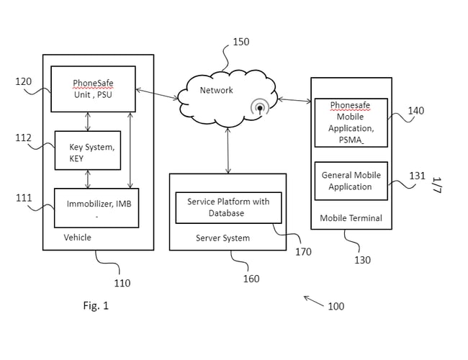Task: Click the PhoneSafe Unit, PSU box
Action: click(x=93, y=89)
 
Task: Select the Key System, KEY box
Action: click(x=87, y=150)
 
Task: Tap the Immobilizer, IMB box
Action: click(x=96, y=207)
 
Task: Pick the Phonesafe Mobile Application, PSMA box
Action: click(x=351, y=122)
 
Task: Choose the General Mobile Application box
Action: click(x=351, y=181)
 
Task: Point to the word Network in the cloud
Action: click(x=216, y=90)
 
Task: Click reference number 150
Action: click(x=240, y=42)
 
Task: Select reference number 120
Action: click(x=24, y=81)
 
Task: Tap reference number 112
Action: click(x=24, y=138)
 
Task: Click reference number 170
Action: click(x=303, y=252)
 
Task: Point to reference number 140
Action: click(x=415, y=111)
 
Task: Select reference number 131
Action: click(x=417, y=176)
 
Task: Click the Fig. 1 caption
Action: click(x=96, y=305)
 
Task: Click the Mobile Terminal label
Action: click(x=351, y=218)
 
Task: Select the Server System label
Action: click(x=222, y=238)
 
